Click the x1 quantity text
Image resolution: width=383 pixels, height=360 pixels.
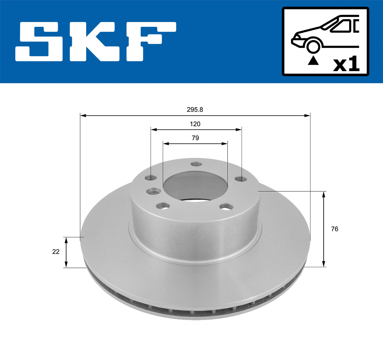tap(346, 64)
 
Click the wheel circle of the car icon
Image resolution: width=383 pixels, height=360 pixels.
tap(313, 46)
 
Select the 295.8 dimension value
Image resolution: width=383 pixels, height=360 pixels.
tap(195, 110)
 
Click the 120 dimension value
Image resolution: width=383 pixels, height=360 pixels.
tap(195, 124)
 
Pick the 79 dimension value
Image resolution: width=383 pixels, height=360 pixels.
tap(195, 138)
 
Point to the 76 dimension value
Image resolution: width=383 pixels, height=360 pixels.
tap(334, 229)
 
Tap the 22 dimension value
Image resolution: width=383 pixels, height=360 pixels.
tap(56, 252)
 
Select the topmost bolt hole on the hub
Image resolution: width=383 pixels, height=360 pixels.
tap(195, 164)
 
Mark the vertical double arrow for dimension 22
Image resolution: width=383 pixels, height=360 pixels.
tap(66, 252)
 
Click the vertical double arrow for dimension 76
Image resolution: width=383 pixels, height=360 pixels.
tap(324, 229)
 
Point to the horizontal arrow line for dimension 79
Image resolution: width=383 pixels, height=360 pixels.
tap(195, 144)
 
